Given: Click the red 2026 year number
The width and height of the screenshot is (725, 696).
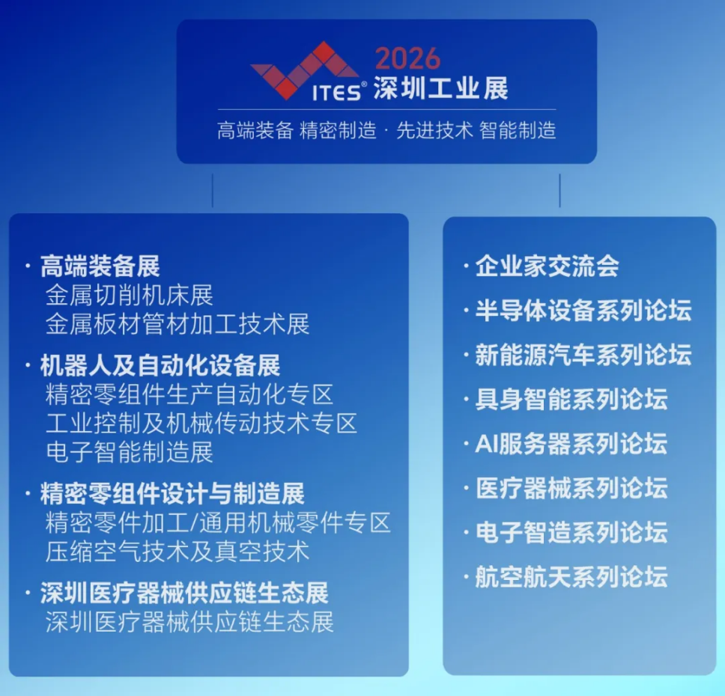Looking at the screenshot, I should tap(407, 59).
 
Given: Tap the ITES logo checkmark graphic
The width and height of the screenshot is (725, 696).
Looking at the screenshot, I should tap(303, 72).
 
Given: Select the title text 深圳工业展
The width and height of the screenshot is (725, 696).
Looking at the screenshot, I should tap(441, 89).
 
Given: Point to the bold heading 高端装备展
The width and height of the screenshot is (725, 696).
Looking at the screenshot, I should tap(100, 266).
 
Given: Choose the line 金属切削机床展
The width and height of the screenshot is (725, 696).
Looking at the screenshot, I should tap(130, 295).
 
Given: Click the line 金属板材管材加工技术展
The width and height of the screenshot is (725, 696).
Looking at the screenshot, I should tap(178, 324).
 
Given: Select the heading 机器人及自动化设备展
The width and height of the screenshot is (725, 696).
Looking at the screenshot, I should tap(160, 366).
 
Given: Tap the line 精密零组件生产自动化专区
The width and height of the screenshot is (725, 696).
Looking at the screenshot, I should tap(189, 394).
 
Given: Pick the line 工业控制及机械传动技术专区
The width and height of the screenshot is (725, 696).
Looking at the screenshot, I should tap(201, 423).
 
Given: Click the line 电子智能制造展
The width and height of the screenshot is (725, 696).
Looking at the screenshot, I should tap(130, 452).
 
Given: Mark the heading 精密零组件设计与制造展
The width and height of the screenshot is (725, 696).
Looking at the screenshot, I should tap(172, 494).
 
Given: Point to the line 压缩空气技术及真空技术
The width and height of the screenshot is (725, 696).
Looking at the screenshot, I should tap(178, 552).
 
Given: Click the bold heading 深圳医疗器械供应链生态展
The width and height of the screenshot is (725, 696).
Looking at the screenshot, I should tap(184, 593).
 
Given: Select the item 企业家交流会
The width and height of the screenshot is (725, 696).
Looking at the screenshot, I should tap(547, 266).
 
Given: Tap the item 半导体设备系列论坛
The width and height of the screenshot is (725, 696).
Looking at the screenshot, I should tap(583, 311).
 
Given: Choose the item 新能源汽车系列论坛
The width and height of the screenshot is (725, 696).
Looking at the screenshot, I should tap(583, 355).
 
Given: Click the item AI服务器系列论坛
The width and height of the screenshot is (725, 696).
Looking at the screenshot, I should tap(571, 444).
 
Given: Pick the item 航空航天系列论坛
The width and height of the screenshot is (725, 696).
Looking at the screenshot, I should tap(571, 577).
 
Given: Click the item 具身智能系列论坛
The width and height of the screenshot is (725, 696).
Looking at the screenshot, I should tap(571, 399).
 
